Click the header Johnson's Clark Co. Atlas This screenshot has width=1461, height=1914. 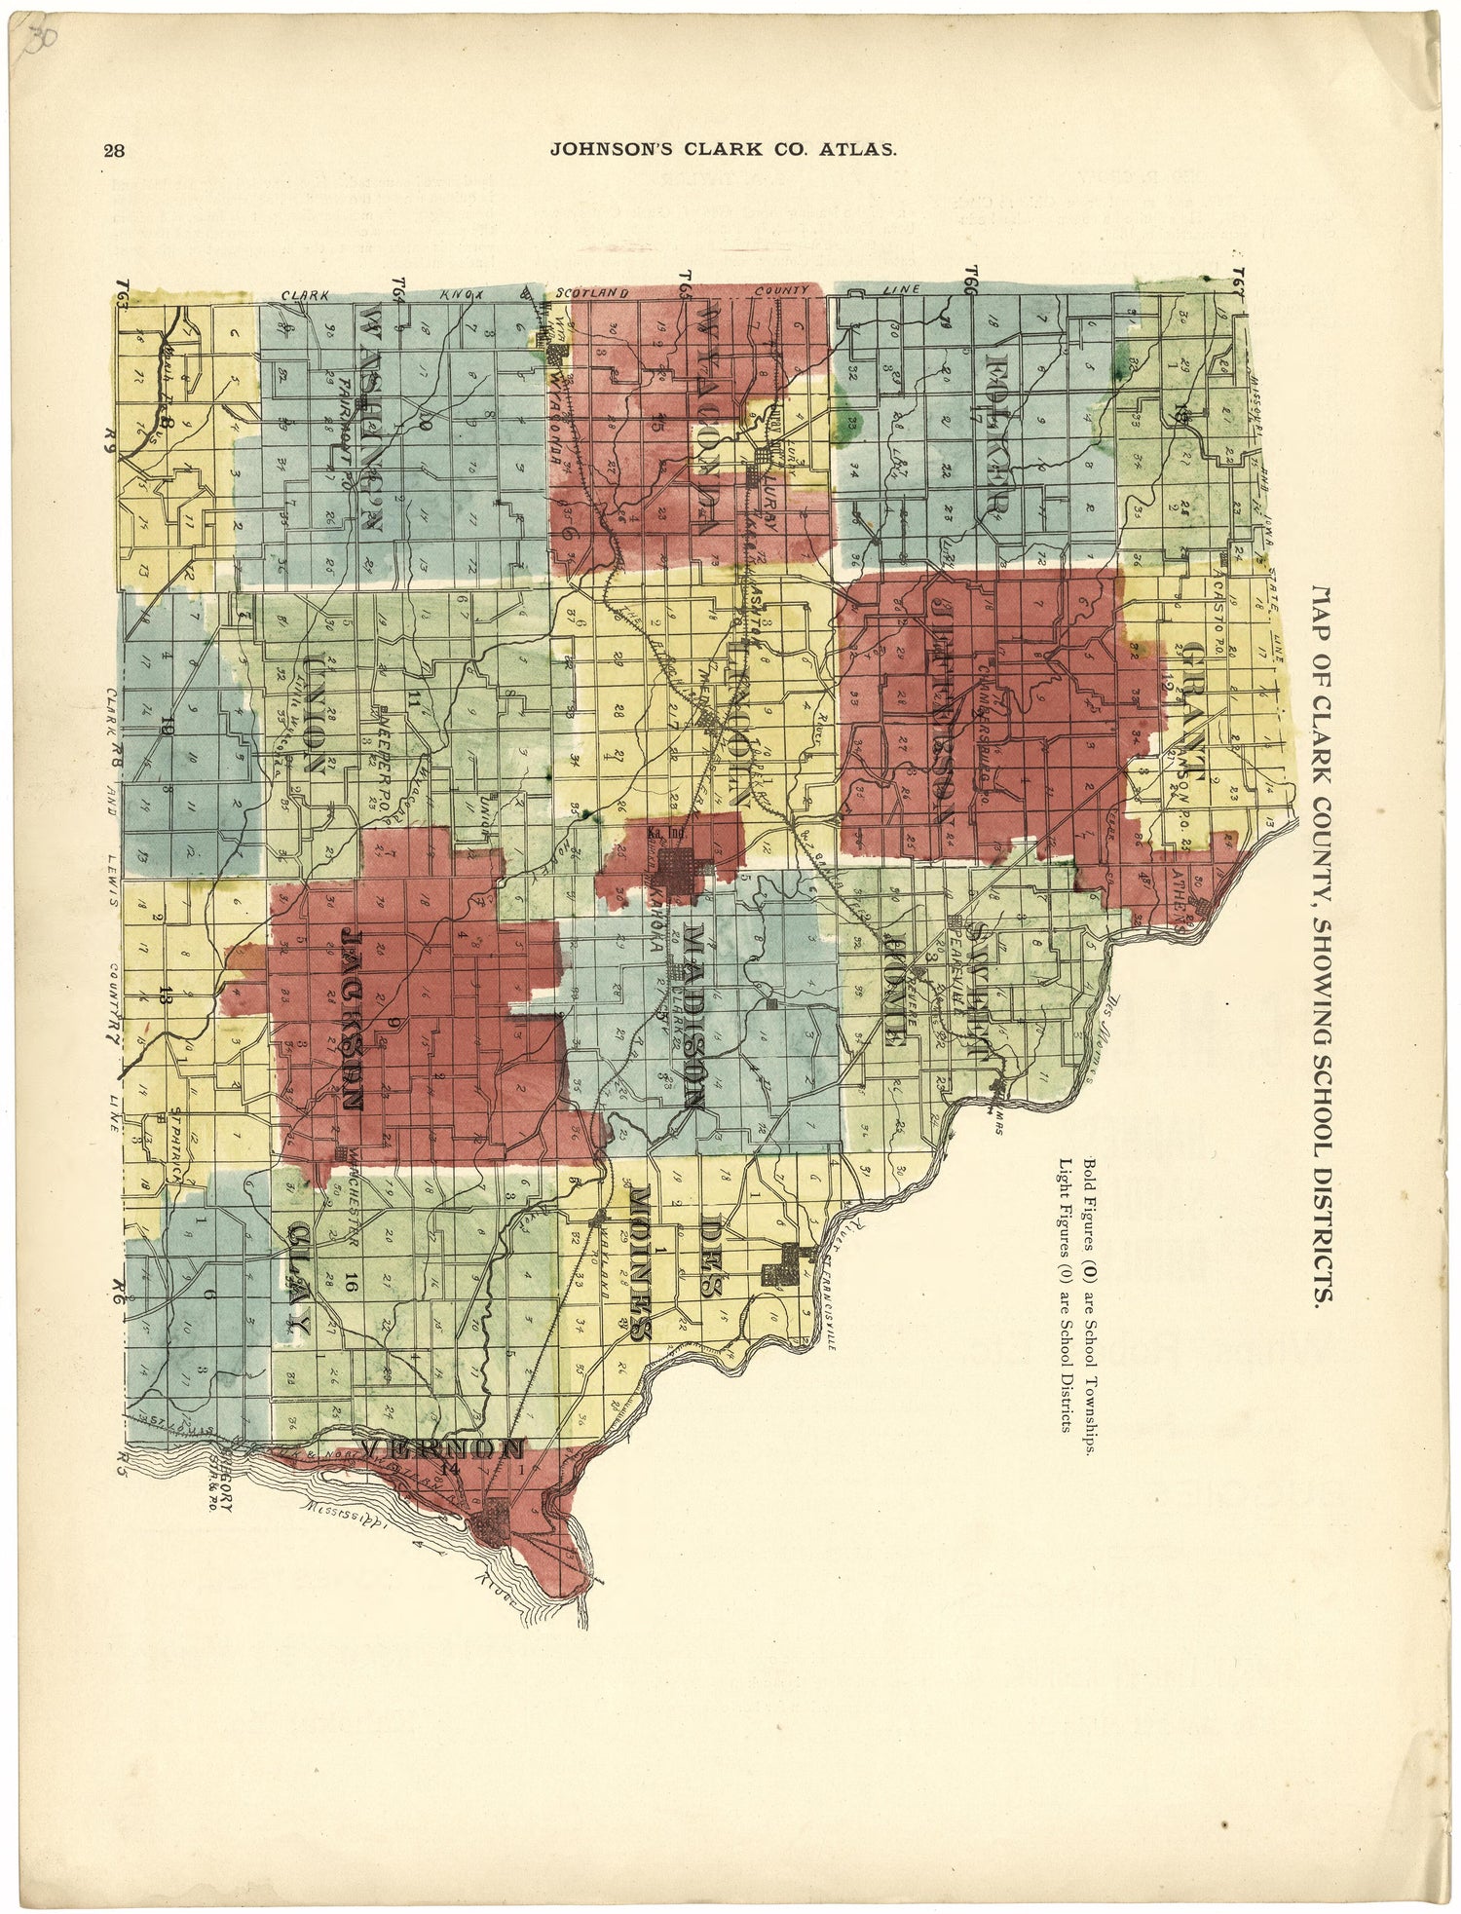[x=723, y=150]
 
